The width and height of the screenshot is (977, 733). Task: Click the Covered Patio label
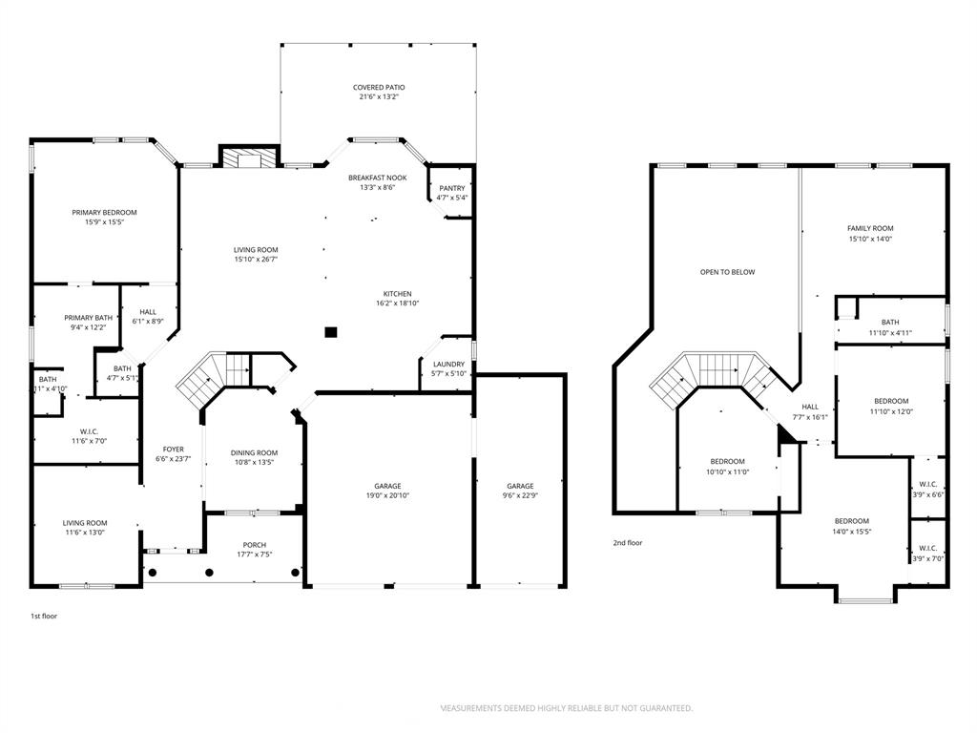click(379, 87)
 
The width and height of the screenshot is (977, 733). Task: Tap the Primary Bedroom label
click(104, 212)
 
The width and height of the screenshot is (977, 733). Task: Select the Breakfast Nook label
click(377, 178)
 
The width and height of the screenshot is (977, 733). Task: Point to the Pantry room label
click(451, 188)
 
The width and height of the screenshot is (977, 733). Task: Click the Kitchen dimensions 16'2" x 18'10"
click(397, 304)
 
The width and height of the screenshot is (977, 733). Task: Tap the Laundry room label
click(448, 364)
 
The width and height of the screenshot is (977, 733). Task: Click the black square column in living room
click(331, 332)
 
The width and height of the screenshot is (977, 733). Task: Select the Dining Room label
click(254, 452)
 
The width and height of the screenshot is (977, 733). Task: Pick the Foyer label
click(173, 449)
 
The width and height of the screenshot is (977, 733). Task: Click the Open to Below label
click(727, 272)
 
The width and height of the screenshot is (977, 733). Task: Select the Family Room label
click(870, 228)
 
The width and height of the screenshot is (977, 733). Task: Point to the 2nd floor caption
click(627, 543)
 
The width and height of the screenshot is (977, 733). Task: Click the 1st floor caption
click(44, 616)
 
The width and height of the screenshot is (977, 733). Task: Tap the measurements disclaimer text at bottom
click(566, 708)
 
